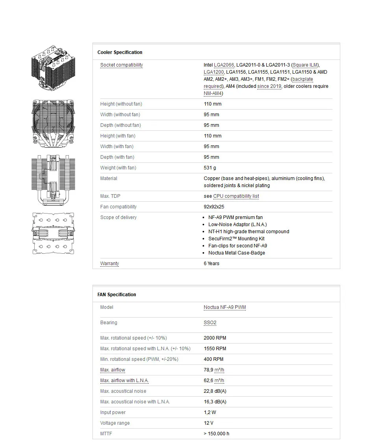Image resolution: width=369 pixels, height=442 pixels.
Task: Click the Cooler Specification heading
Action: tap(120, 52)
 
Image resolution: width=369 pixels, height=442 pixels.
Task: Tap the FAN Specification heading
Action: tap(117, 295)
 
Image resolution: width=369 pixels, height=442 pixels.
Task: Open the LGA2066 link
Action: tap(224, 65)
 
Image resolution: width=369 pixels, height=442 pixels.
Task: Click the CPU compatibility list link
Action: tap(236, 196)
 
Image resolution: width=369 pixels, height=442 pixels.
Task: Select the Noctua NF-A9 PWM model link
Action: tap(225, 307)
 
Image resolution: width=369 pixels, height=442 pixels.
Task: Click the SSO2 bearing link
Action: tap(210, 323)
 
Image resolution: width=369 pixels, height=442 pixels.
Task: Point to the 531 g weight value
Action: tap(210, 168)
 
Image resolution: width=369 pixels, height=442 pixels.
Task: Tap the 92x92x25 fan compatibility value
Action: tap(214, 207)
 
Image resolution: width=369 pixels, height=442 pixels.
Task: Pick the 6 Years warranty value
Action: tap(212, 264)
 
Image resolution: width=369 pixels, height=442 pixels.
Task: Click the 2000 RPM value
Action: tap(215, 338)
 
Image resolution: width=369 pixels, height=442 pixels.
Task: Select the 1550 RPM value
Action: tap(215, 349)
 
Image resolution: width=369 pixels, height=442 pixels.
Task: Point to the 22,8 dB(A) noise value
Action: tap(215, 391)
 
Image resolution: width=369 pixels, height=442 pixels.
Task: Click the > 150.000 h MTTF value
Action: tap(216, 434)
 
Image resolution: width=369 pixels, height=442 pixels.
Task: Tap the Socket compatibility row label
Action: tap(122, 65)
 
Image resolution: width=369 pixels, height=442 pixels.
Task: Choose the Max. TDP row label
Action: tap(110, 196)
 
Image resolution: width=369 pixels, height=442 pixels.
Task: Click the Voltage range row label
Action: tap(115, 423)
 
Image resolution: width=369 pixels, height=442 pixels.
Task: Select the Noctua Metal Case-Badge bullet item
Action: tap(236, 253)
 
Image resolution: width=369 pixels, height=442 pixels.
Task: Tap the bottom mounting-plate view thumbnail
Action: tap(53, 233)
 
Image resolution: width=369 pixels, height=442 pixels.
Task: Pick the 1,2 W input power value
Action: tap(210, 412)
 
